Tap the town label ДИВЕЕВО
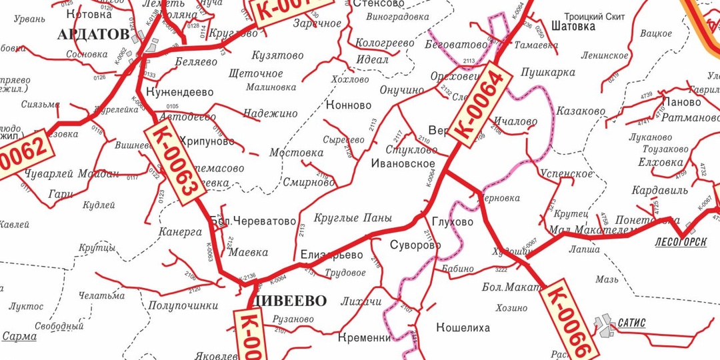(x=291, y=300)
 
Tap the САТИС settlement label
(x=631, y=323)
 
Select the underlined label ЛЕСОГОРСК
(x=681, y=242)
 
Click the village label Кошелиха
(x=463, y=327)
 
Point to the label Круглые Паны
(x=353, y=218)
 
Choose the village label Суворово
(x=415, y=245)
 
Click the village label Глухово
(x=452, y=222)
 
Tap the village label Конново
(x=349, y=105)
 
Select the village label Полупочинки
(x=183, y=305)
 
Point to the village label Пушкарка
(x=548, y=72)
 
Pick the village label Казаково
(x=581, y=111)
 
